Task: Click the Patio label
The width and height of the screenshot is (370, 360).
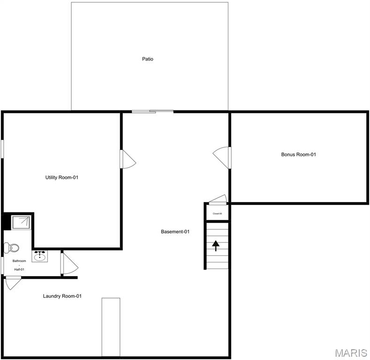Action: (x=148, y=59)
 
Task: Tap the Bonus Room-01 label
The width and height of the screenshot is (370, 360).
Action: (x=298, y=154)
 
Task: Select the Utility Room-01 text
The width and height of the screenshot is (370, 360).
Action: (x=61, y=177)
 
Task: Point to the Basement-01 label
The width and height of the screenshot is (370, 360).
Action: (x=175, y=232)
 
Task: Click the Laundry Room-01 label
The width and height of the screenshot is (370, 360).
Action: (x=62, y=296)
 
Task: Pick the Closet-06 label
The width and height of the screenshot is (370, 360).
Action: (x=217, y=214)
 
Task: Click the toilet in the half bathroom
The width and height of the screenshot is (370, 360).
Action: (x=12, y=247)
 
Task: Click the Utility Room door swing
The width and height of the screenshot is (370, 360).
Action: (x=128, y=159)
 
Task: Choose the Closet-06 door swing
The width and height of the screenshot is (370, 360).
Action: (x=217, y=200)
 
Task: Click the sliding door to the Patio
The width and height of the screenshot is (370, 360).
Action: (x=152, y=112)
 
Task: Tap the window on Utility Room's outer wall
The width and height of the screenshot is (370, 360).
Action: (x=2, y=149)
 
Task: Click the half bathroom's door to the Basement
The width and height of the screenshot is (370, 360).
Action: (x=68, y=263)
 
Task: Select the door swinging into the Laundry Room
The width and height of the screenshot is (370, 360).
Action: (x=13, y=283)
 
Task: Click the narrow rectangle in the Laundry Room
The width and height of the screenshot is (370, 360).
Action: (x=111, y=327)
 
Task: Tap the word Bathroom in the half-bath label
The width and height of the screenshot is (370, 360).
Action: (x=19, y=261)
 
